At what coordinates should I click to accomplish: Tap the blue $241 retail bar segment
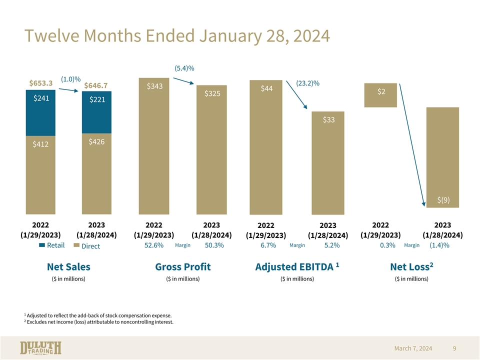click(x=41, y=112)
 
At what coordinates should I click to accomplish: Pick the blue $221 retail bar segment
click(x=97, y=112)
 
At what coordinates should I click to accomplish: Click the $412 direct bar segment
click(x=41, y=175)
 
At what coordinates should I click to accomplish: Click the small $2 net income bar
click(x=381, y=95)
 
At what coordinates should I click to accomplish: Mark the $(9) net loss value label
click(x=443, y=200)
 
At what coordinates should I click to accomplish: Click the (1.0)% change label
click(x=70, y=79)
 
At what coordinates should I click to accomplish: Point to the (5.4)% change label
click(x=184, y=68)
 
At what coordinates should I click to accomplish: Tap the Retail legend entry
click(x=52, y=245)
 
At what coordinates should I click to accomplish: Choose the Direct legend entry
click(x=87, y=246)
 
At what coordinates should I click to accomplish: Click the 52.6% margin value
click(x=154, y=245)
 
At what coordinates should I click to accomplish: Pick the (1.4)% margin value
click(x=439, y=245)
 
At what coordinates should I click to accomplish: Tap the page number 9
click(x=454, y=348)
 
